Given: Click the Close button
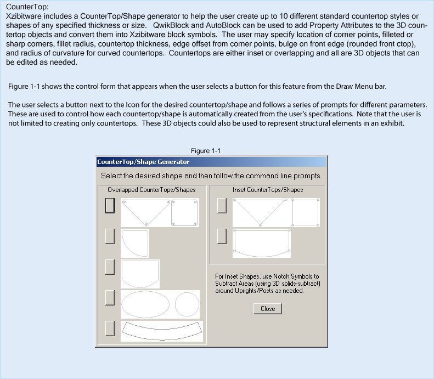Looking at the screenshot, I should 268,309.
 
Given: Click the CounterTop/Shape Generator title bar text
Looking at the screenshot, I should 143,162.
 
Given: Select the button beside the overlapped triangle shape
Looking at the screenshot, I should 110,205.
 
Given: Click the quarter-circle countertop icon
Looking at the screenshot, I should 134,243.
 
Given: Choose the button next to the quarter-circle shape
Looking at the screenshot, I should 110,236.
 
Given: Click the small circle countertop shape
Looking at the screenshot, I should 187,304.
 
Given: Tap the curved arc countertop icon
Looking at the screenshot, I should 162,330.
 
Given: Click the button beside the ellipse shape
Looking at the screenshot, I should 110,298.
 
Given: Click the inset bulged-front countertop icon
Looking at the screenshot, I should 262,243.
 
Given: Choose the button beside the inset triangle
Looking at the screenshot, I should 222,205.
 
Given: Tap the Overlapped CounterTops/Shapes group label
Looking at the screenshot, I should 151,189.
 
